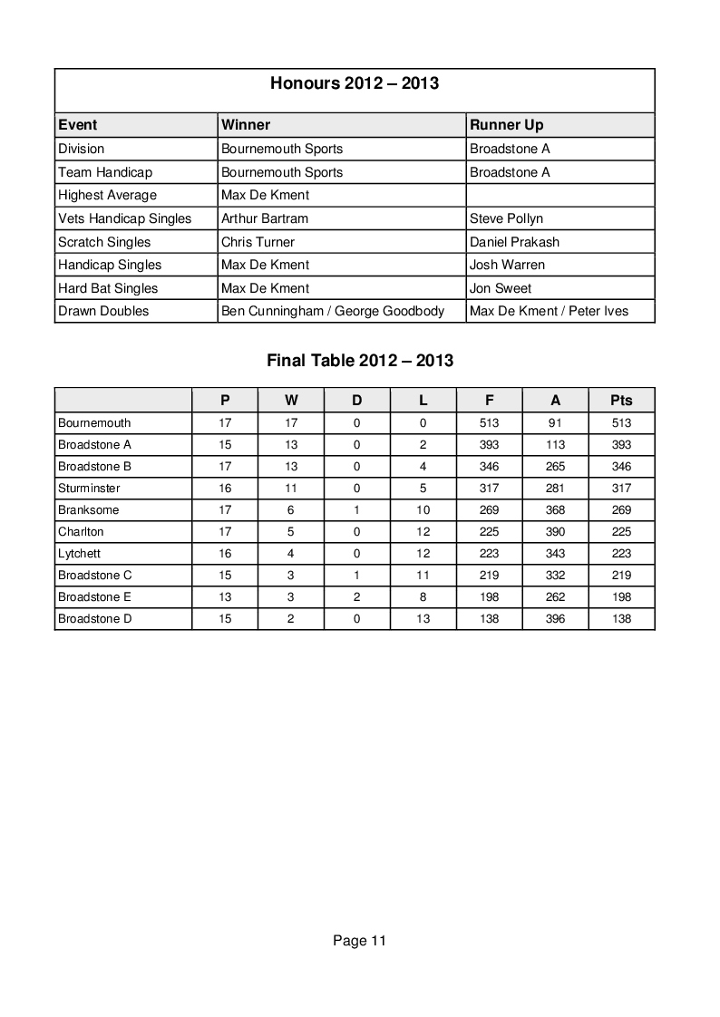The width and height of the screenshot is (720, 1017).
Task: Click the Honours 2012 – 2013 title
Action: click(355, 83)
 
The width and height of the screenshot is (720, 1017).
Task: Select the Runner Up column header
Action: click(506, 125)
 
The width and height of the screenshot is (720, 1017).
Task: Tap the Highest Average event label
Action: click(107, 195)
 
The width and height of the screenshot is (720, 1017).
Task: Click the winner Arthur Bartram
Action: click(265, 218)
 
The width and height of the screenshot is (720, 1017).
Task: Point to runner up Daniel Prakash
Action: click(514, 242)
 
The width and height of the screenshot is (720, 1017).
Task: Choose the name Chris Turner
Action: click(258, 242)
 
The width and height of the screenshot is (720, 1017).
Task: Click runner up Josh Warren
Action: click(507, 265)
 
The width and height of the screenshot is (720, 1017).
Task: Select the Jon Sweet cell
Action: click(501, 288)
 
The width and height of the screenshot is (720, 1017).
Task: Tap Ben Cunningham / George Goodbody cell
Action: click(333, 311)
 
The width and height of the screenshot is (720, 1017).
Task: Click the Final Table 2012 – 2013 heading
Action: click(360, 360)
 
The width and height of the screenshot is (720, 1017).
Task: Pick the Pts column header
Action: click(621, 400)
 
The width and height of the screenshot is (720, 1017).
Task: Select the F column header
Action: click(489, 400)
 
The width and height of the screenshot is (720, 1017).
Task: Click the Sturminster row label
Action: click(89, 488)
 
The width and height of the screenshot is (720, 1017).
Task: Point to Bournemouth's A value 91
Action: click(555, 422)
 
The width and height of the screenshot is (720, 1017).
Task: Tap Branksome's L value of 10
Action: click(423, 509)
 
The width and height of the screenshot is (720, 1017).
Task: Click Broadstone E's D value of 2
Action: click(356, 596)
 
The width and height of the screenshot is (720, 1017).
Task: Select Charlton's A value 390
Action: click(555, 531)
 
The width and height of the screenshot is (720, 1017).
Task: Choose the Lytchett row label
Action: click(79, 553)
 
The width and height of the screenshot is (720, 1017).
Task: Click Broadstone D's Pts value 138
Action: click(621, 618)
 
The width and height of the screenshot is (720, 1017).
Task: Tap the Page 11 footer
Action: click(359, 941)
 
